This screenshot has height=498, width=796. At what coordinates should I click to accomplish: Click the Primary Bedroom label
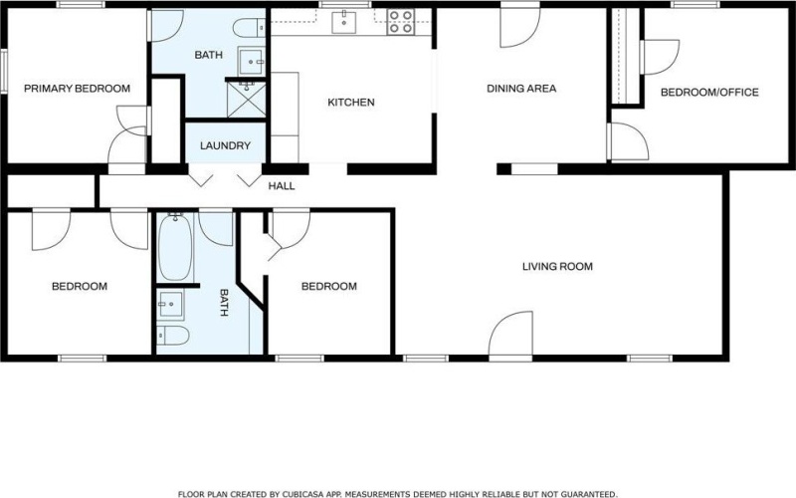click(x=77, y=89)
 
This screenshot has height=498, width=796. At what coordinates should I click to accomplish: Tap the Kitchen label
click(x=350, y=102)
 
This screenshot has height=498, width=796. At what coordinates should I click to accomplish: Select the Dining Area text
click(x=520, y=89)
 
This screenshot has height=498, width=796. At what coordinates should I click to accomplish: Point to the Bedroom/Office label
click(x=709, y=93)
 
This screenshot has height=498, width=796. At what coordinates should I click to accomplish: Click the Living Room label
click(x=557, y=266)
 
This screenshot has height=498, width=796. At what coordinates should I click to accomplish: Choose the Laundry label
click(x=225, y=145)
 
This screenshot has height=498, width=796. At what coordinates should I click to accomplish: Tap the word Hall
click(x=282, y=186)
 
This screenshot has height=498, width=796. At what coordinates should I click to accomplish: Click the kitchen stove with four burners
click(x=400, y=21)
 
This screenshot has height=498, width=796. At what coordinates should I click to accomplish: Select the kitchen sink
click(x=348, y=21)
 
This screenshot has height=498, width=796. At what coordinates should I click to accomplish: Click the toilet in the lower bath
click(x=172, y=334)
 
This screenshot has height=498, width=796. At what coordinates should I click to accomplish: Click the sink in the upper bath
click(x=254, y=60)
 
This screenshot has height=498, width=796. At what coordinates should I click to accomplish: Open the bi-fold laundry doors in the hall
click(x=226, y=179)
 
